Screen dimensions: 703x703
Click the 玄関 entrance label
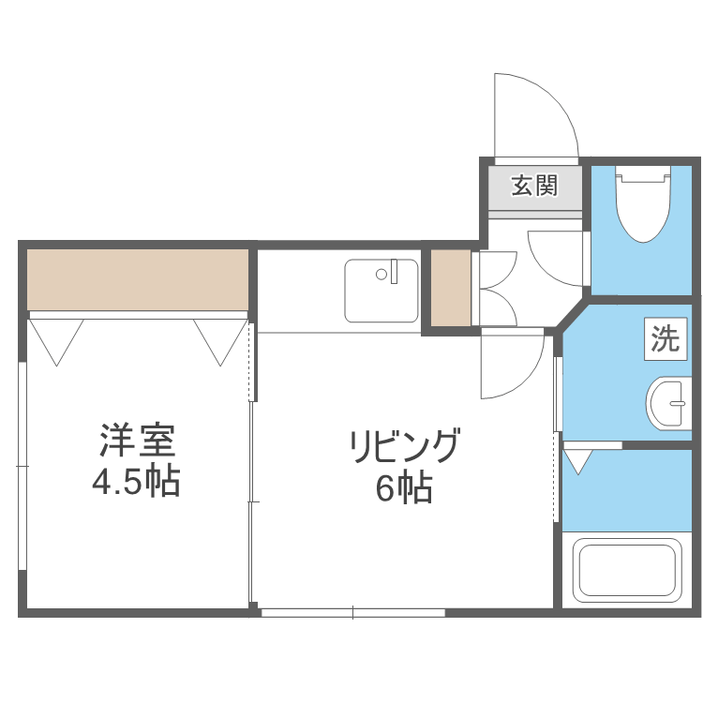point(534,186)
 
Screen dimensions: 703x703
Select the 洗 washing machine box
point(666,338)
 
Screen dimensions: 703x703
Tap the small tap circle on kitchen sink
point(381,275)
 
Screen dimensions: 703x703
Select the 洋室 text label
point(137,441)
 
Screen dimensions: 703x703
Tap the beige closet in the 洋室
point(138,278)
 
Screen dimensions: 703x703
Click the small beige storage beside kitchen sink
point(449,288)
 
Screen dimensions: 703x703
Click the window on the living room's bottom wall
point(352,613)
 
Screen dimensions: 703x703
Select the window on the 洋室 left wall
point(22,466)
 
